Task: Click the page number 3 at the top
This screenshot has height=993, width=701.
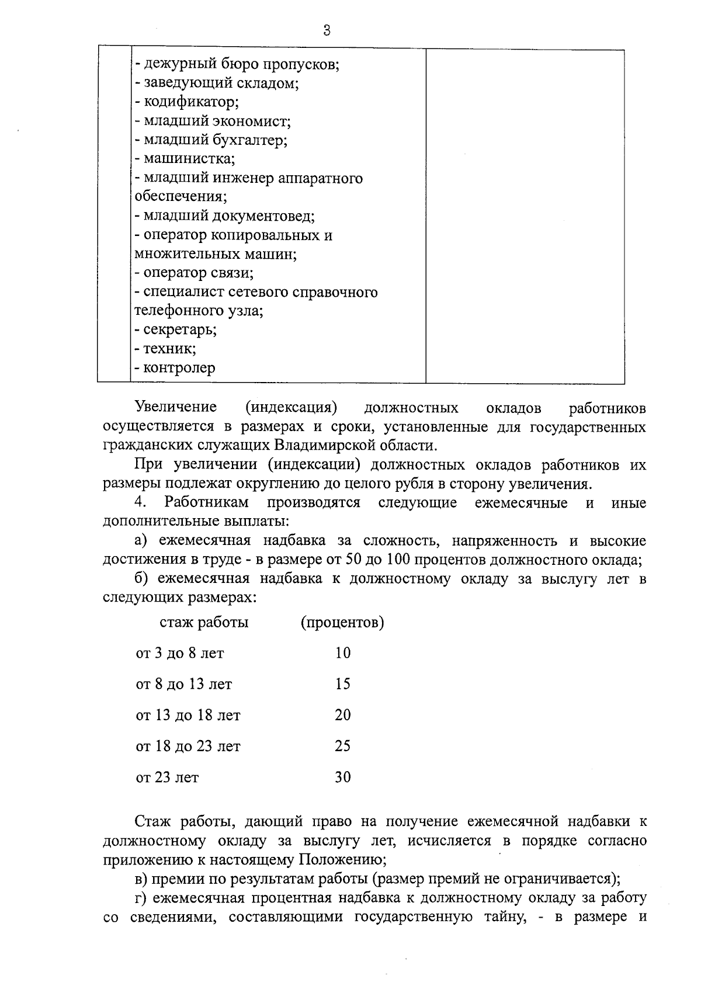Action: click(x=327, y=30)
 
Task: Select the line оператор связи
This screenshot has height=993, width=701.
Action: click(x=194, y=273)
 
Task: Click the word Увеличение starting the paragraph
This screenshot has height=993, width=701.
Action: click(x=175, y=407)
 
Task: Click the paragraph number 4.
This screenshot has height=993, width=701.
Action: click(x=139, y=502)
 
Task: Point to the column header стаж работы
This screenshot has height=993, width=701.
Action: click(x=204, y=623)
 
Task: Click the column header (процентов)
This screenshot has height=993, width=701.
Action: click(x=342, y=623)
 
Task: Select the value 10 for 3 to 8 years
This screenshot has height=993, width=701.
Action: click(x=343, y=653)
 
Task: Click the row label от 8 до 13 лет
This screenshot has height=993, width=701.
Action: click(x=183, y=684)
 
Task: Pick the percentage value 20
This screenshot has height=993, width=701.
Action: click(x=343, y=715)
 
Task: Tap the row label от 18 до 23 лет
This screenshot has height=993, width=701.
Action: click(x=188, y=746)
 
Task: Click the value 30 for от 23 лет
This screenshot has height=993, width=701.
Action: click(x=343, y=777)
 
